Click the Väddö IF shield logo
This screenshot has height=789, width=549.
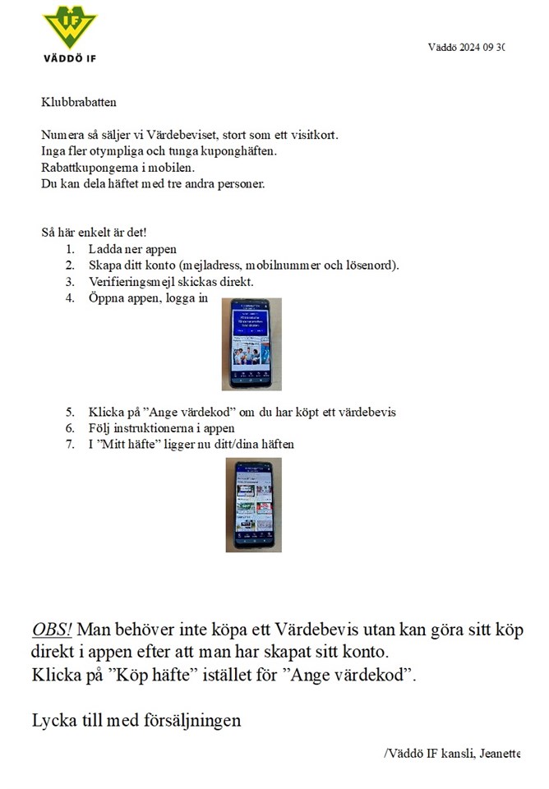pos(68,27)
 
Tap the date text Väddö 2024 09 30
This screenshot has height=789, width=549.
pos(466,47)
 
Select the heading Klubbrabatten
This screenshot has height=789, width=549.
pos(79,103)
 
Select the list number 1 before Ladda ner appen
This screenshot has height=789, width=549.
pos(71,249)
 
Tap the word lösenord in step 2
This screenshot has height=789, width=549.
pos(371,265)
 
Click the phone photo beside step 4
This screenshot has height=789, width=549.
pos(252,344)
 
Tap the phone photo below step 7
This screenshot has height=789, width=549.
pos(252,505)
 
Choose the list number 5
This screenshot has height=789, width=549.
pos(71,412)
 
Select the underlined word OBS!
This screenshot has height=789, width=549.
pos(52,630)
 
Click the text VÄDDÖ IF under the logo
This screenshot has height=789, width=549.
pos(69,58)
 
